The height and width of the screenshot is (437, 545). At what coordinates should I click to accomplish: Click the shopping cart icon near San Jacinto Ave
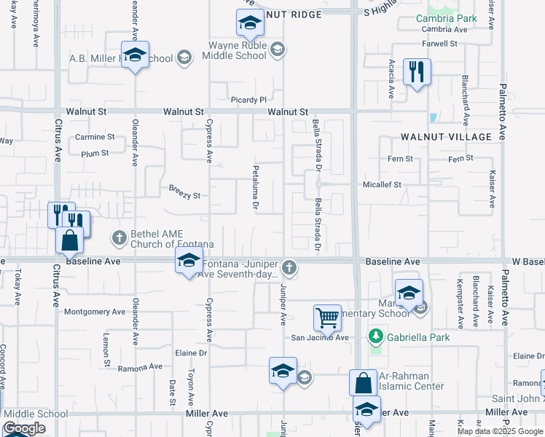pyautogui.click(x=327, y=318)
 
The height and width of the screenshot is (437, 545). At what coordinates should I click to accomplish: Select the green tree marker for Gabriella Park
pyautogui.click(x=376, y=336)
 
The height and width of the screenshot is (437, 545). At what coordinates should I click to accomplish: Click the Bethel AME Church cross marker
pyautogui.click(x=118, y=237)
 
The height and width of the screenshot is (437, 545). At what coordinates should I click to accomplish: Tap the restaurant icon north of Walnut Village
pyautogui.click(x=417, y=72)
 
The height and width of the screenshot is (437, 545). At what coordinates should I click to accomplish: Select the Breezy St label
pyautogui.click(x=184, y=195)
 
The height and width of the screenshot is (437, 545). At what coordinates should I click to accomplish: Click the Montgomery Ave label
pyautogui.click(x=95, y=312)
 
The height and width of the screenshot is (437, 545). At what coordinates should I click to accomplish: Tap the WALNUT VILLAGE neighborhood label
pyautogui.click(x=446, y=137)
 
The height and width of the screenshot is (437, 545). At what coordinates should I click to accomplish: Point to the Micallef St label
pyautogui.click(x=382, y=185)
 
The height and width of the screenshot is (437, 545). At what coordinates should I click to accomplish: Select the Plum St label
pyautogui.click(x=95, y=154)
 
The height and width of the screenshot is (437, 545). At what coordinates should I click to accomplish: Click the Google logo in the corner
pyautogui.click(x=24, y=428)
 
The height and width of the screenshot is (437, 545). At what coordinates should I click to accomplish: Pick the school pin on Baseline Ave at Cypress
pyautogui.click(x=189, y=260)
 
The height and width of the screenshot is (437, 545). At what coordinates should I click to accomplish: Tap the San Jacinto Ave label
pyautogui.click(x=320, y=337)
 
